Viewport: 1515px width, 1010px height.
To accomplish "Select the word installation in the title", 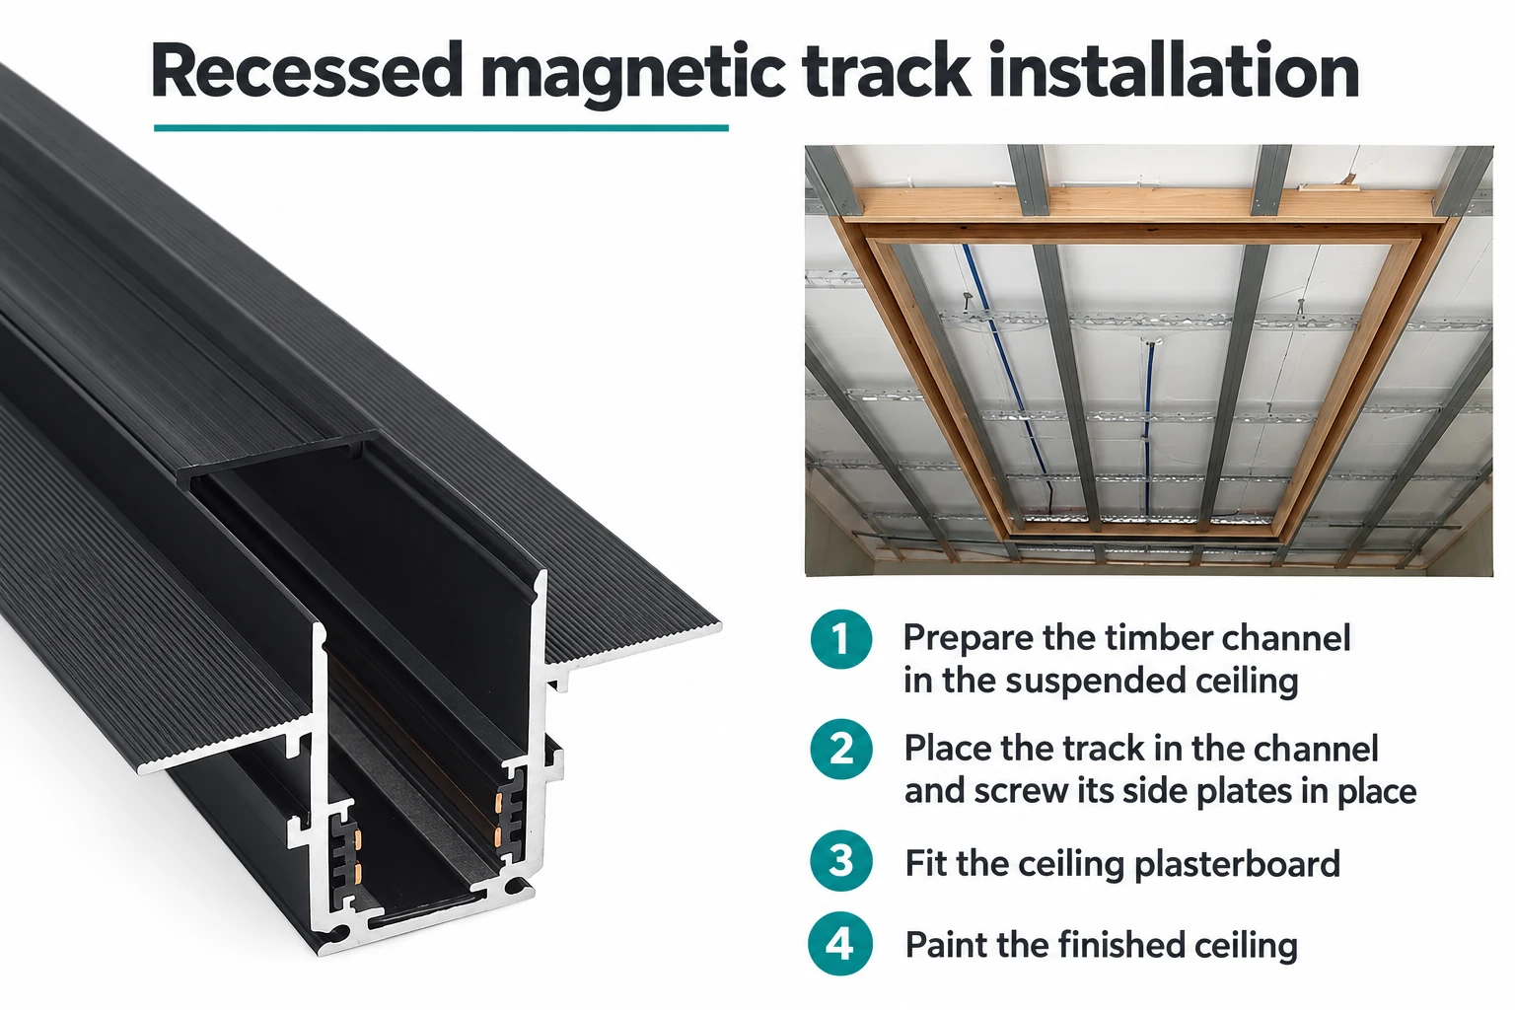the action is point(1174,70).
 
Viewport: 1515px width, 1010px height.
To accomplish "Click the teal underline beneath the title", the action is point(441,127).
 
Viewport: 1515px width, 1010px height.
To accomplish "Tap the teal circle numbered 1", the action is point(840,639).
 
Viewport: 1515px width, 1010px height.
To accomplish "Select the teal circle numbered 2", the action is point(840,750).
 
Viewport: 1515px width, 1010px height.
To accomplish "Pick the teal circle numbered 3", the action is point(840,860).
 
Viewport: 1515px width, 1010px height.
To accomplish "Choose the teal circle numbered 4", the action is point(840,944).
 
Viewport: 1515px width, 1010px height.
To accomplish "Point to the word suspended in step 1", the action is point(1096,682).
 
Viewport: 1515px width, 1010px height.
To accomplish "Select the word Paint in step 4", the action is point(946,944).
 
